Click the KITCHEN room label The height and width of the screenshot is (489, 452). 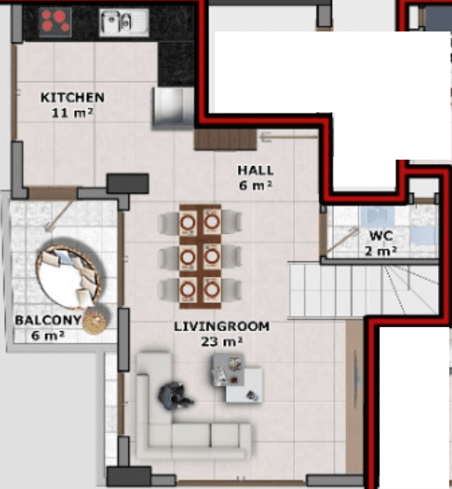73,98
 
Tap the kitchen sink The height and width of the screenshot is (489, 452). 124,22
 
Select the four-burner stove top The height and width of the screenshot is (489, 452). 56,22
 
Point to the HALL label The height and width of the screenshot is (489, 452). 255,170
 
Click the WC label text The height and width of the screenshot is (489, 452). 381,236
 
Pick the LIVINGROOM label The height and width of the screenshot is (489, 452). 222,326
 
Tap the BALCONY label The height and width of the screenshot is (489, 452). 48,320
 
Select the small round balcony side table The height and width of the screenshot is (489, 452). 94,320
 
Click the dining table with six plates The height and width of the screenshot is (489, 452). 200,256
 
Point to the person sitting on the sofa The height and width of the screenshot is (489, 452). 174,396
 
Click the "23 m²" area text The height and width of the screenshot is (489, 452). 222,342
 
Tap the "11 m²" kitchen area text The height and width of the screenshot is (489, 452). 72,112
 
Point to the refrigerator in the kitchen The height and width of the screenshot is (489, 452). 172,107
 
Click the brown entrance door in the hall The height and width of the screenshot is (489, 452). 225,140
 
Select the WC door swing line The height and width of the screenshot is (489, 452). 342,241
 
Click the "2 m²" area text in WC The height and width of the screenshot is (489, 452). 381,251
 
